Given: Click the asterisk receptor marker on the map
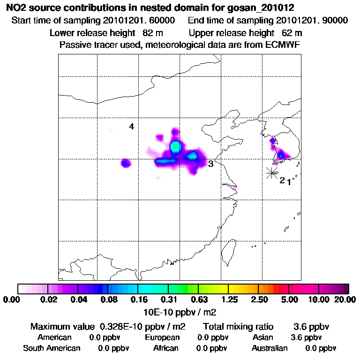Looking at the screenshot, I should click(271, 172).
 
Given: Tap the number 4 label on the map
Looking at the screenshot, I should click(132, 127).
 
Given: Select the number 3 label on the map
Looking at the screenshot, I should click(211, 164).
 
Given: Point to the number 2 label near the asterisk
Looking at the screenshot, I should click(282, 180).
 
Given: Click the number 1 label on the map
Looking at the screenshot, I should click(289, 182).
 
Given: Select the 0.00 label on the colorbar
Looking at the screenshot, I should click(13, 300).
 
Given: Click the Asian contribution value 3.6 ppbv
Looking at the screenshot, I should click(306, 337).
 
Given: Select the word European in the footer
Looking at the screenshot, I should click(162, 337).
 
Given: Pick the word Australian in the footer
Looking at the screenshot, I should click(270, 348).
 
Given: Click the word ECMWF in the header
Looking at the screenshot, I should click(283, 45).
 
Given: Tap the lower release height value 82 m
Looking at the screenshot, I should click(149, 33).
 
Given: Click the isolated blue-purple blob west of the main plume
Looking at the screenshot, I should click(125, 163).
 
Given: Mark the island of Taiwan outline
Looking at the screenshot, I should click(229, 250).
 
